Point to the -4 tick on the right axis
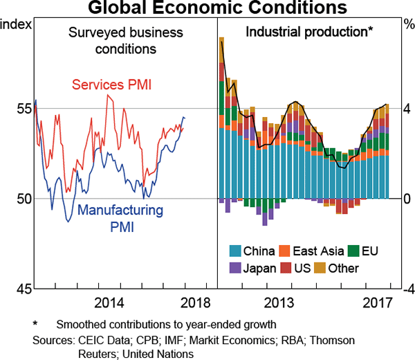click(407, 289)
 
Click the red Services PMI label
click(111, 85)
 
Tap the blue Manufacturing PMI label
click(120, 218)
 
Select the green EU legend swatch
click(354, 251)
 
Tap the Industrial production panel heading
click(309, 32)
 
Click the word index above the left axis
click(17, 25)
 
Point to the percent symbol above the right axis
click(407, 25)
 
